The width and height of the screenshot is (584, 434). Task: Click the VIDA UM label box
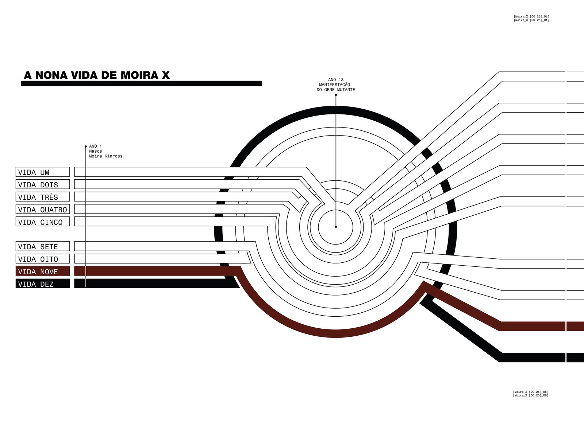pyautogui.click(x=42, y=172)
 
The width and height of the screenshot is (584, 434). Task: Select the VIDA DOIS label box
pyautogui.click(x=42, y=184)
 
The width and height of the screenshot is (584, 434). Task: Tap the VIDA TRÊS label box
pyautogui.click(x=42, y=197)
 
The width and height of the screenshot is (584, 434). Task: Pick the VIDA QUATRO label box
pyautogui.click(x=42, y=209)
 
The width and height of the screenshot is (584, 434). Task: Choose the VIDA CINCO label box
pyautogui.click(x=42, y=222)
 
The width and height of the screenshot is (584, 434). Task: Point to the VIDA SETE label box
pyautogui.click(x=42, y=246)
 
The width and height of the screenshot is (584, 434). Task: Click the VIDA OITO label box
pyautogui.click(x=42, y=259)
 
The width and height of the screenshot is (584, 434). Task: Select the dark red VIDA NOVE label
pyautogui.click(x=42, y=271)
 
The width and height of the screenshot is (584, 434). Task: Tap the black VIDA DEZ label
pyautogui.click(x=42, y=284)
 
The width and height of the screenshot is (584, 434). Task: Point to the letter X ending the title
pyautogui.click(x=166, y=75)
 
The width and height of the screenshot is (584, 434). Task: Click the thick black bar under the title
pyautogui.click(x=141, y=83)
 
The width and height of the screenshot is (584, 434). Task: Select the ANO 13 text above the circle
pyautogui.click(x=336, y=80)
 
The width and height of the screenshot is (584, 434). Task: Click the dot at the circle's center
pyautogui.click(x=336, y=227)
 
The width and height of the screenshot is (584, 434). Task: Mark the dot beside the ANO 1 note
pyautogui.click(x=86, y=146)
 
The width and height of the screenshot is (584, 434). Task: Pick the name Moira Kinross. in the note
pyautogui.click(x=107, y=156)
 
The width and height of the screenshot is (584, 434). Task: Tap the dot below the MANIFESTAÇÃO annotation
pyautogui.click(x=336, y=95)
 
